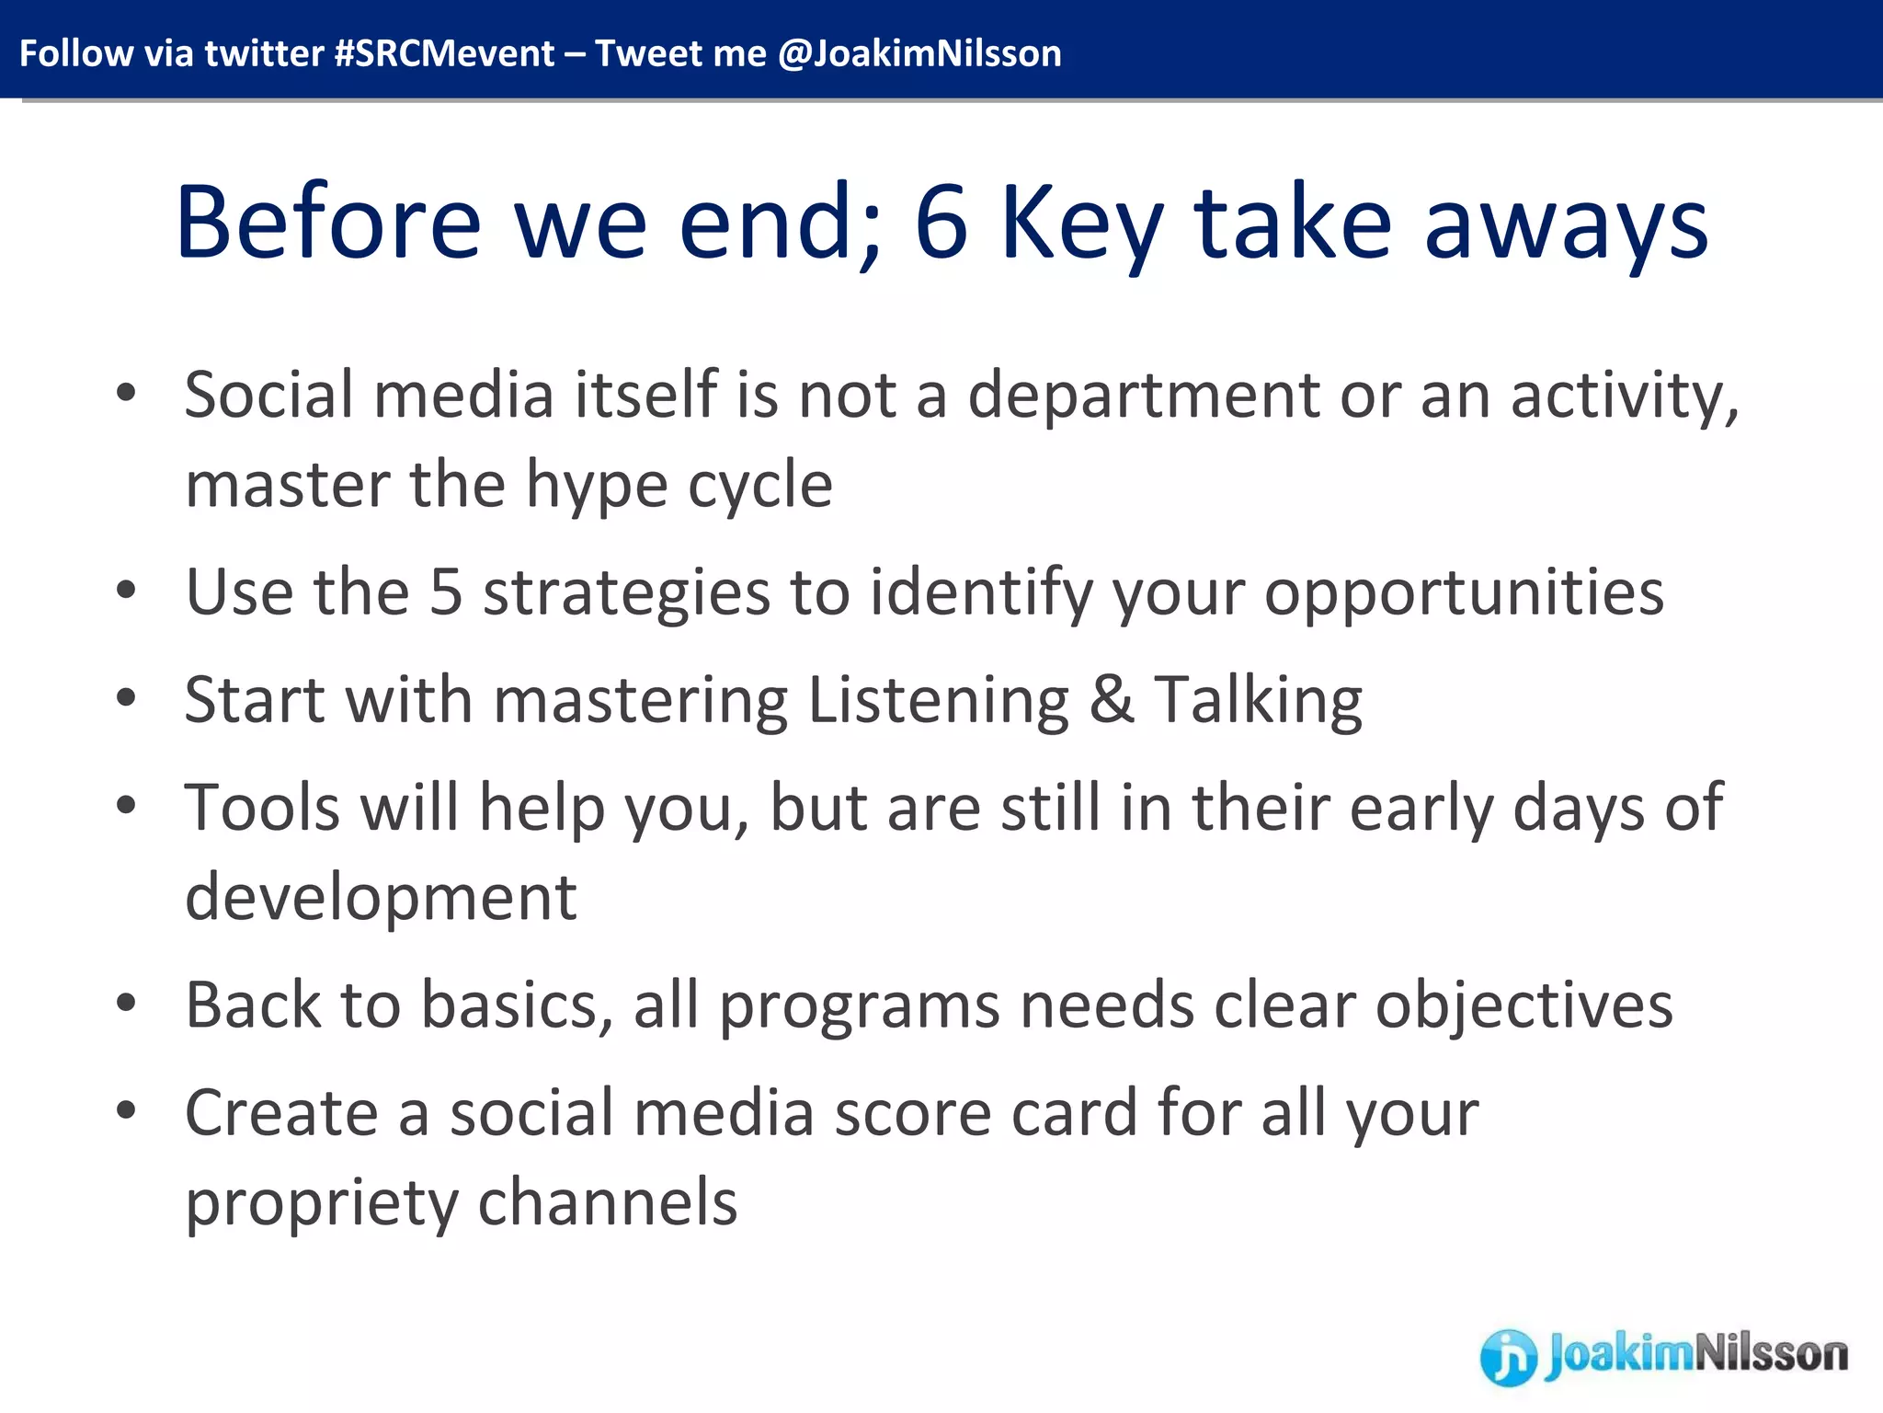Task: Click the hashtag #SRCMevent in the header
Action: pos(444,53)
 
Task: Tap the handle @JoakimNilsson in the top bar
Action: pos(919,53)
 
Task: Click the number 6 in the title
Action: pos(941,221)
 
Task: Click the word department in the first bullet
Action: pos(1144,395)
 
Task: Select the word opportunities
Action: pos(1464,593)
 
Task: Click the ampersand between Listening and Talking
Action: pos(1112,699)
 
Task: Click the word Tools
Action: pos(262,807)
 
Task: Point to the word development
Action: pos(381,898)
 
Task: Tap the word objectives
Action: pos(1524,1005)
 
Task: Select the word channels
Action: pos(608,1202)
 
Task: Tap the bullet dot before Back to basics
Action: pos(127,1003)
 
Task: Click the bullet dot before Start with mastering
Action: pos(127,697)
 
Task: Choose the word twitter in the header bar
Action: pos(264,53)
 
